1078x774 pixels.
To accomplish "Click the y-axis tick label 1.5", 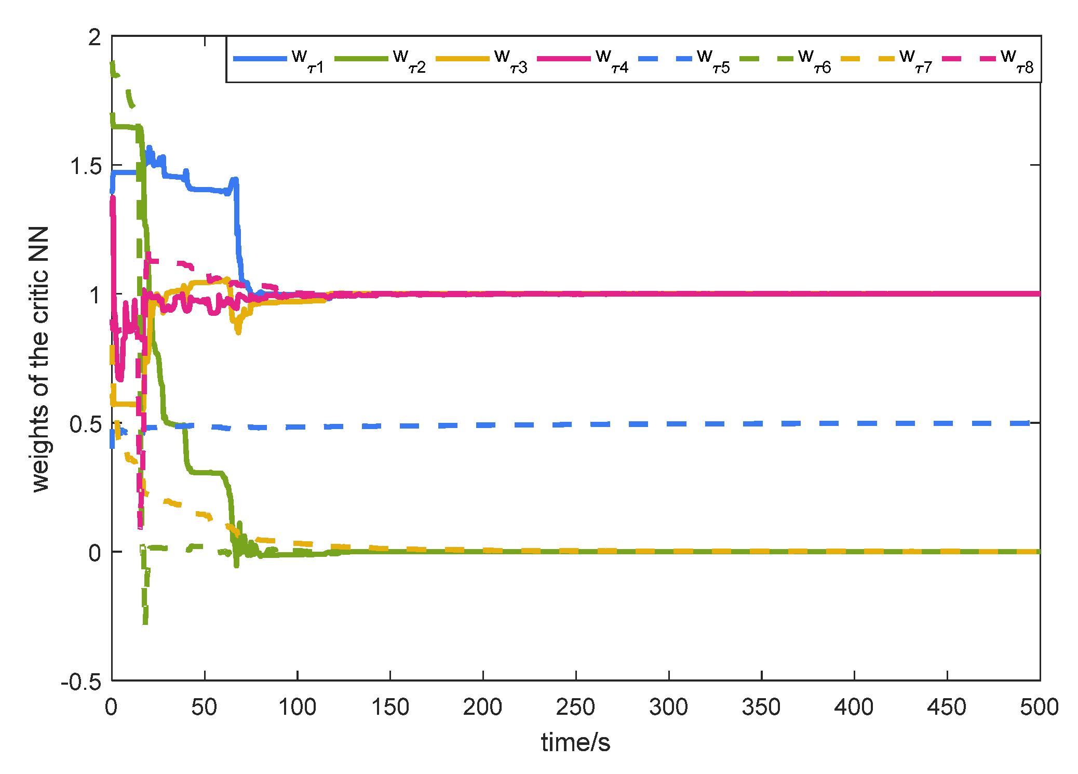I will click(x=86, y=166).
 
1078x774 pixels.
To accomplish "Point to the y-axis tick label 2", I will click(x=95, y=37).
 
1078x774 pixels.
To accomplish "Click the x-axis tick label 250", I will click(x=575, y=707).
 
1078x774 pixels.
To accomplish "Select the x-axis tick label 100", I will click(x=297, y=707).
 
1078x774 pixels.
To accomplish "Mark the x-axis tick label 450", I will click(x=947, y=707).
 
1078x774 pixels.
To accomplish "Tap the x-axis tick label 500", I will click(x=1039, y=707).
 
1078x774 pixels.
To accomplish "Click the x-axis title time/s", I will click(x=575, y=742).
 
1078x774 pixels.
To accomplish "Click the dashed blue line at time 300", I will click(x=669, y=424).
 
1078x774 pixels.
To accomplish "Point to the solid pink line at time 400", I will click(x=854, y=293).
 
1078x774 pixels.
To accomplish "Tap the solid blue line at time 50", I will click(x=205, y=189).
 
